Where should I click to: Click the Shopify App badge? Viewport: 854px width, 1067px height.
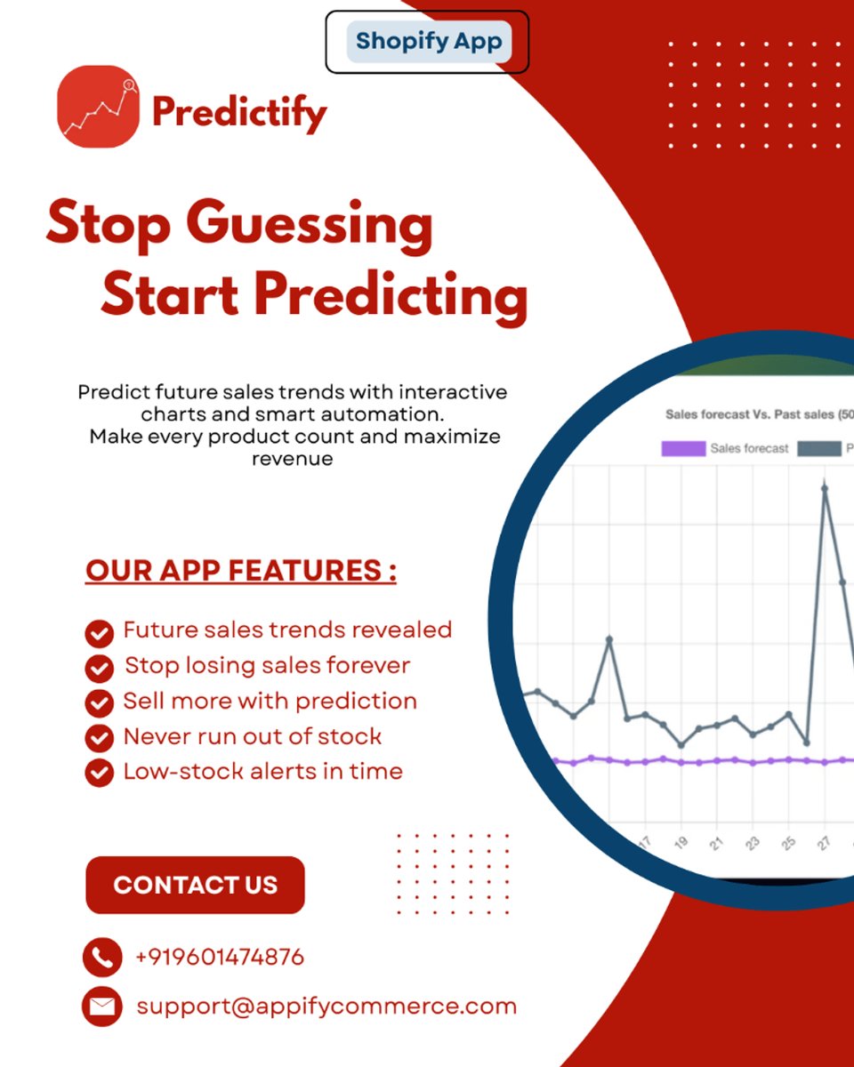coord(428,42)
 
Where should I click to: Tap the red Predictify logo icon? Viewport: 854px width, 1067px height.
coord(99,107)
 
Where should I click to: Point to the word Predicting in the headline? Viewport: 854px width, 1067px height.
coord(391,296)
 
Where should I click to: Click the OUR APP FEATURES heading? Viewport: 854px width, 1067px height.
coord(241,571)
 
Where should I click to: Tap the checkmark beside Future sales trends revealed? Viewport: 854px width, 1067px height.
coord(99,633)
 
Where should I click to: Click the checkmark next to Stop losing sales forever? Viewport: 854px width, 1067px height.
coord(99,668)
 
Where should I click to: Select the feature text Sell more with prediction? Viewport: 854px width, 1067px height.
coord(270,701)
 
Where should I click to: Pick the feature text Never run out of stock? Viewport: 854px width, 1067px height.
coord(252,736)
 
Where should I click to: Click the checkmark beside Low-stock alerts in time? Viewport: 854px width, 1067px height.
coord(99,772)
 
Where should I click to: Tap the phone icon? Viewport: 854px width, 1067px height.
coord(101,958)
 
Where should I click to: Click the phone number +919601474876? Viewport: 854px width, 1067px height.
coord(220,958)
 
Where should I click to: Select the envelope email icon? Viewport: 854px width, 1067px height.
coord(101,1007)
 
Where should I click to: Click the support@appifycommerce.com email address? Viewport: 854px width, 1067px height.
coord(326,1007)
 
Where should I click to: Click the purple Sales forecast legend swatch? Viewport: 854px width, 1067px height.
coord(682,449)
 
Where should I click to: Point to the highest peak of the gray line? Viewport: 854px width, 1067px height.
coord(825,487)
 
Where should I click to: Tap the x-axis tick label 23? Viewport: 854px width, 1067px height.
coord(753,843)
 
